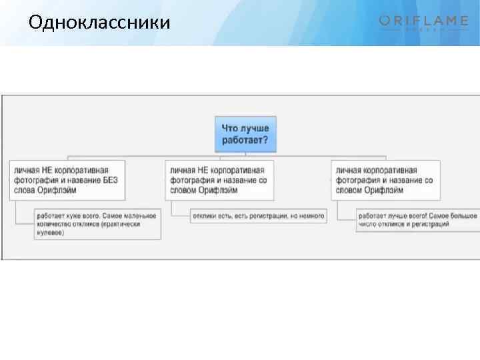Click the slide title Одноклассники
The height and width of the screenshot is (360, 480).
coord(99,23)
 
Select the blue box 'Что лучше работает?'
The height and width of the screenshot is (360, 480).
coord(245,133)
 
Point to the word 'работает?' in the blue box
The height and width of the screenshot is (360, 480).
coord(245,140)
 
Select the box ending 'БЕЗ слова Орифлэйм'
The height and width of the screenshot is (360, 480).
coord(67,180)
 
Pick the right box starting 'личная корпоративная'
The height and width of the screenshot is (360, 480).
coord(385,180)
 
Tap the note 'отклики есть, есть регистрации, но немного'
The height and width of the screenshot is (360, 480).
coord(259,216)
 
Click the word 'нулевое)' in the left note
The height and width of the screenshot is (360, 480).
coord(51,233)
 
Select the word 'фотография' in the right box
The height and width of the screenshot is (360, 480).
coord(355,180)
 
